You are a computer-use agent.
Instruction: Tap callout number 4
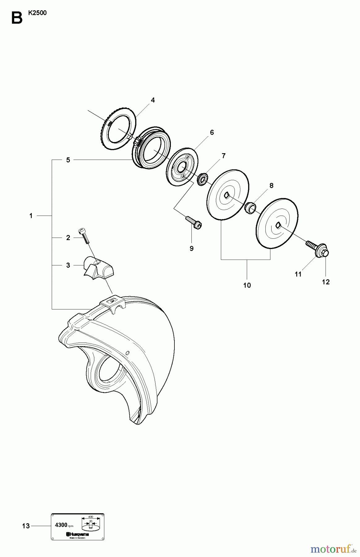click(153, 100)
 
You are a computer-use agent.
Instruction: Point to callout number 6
click(212, 132)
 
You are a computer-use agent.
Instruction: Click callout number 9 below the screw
click(191, 248)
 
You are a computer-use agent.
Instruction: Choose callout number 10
click(247, 285)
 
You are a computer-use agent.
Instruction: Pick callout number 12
click(326, 282)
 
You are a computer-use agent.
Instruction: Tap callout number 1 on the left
click(31, 216)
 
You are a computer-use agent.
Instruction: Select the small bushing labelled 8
click(250, 207)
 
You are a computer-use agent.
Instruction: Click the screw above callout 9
click(194, 222)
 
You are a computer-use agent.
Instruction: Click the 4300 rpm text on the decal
click(64, 525)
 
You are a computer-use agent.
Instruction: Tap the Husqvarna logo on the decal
click(77, 534)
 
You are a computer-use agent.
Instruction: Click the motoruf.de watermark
click(333, 549)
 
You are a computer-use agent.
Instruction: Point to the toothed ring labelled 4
click(119, 128)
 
